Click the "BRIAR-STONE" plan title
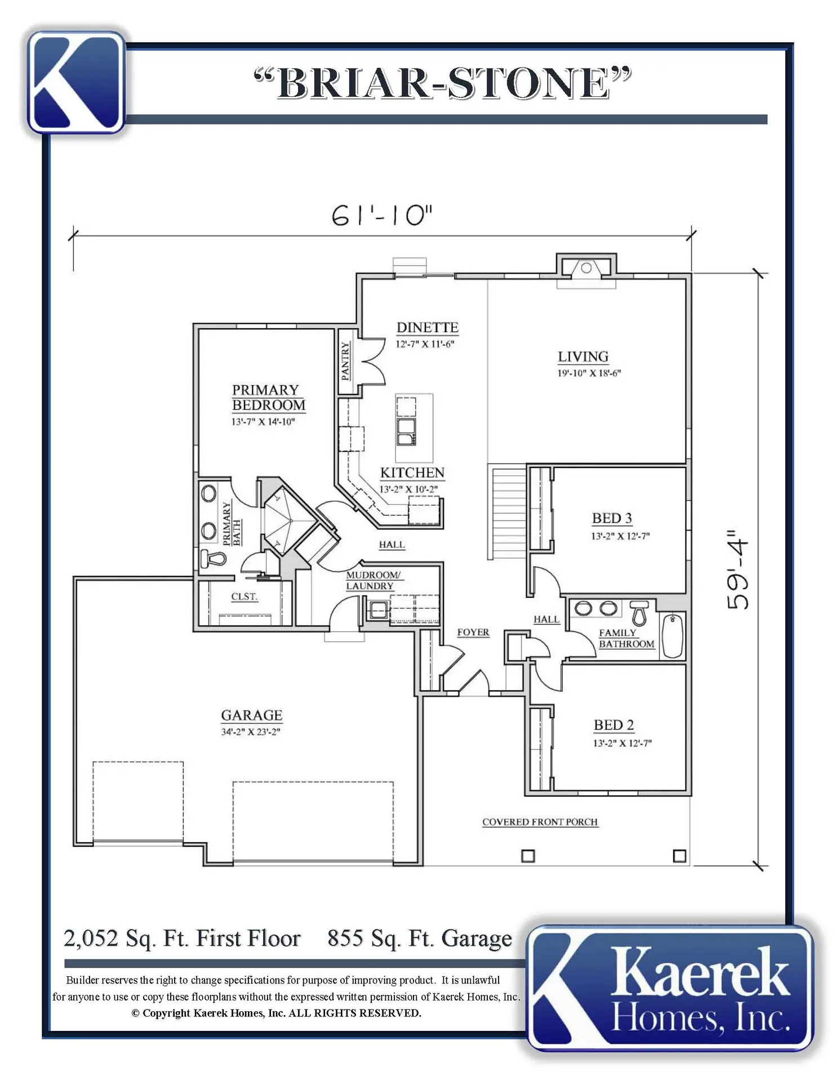[443, 83]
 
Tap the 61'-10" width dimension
[383, 215]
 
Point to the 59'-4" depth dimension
[737, 569]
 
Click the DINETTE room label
[427, 328]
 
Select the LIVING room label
[583, 357]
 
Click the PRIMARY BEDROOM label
[269, 397]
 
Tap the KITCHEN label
[412, 473]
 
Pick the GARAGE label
[251, 715]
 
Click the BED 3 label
[612, 518]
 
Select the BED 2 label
[613, 725]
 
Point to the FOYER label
[473, 632]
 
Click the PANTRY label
[345, 361]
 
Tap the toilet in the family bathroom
[639, 613]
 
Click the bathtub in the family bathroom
[673, 636]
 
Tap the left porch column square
[528, 856]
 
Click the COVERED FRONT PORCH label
[540, 822]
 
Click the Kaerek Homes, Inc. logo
[670, 988]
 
